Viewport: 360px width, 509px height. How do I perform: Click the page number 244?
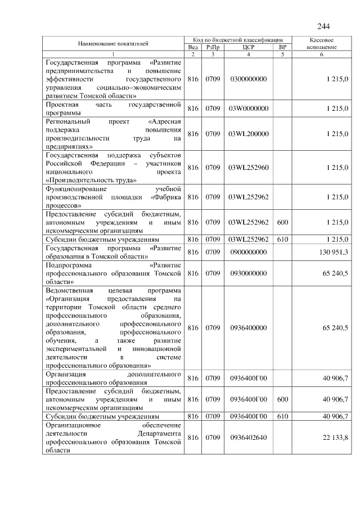323,26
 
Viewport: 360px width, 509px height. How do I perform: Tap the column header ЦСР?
249,47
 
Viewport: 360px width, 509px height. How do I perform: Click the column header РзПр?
213,47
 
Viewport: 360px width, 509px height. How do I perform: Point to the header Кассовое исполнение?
323,44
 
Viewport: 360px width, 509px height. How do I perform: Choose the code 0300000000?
249,80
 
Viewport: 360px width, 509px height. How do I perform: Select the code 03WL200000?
249,134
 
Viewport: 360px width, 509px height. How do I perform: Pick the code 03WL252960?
249,168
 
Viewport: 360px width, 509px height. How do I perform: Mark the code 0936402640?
249,438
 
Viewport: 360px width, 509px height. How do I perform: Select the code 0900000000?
249,252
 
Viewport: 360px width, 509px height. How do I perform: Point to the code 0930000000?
249,273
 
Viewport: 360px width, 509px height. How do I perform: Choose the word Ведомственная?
70,290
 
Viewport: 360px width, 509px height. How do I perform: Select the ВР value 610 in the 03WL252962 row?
282,239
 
